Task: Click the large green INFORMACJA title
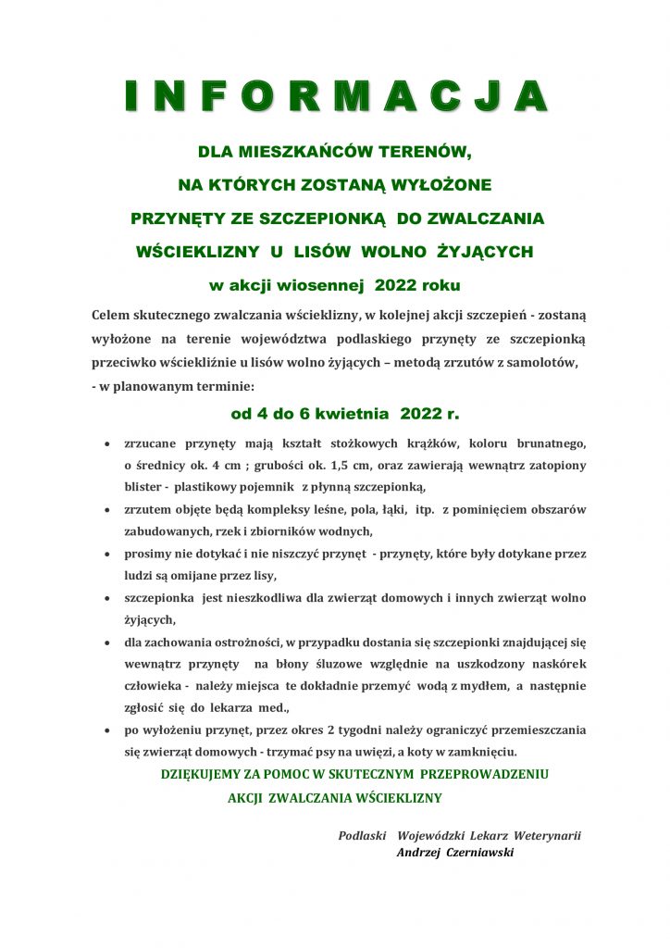[335, 96]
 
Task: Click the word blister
[145, 487]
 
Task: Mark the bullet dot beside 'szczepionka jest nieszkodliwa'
[110, 599]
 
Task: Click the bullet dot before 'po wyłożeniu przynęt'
[110, 730]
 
